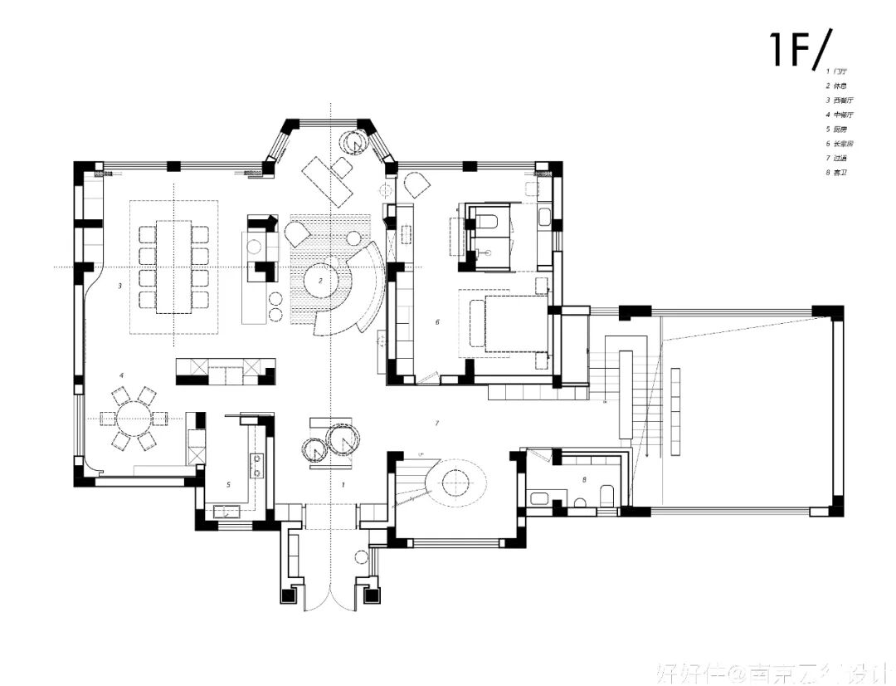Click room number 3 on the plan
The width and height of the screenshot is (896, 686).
(120, 285)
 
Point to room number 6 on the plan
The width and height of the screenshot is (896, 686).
(437, 321)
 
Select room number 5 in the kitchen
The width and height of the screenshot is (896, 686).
(228, 483)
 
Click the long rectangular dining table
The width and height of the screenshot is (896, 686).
(173, 266)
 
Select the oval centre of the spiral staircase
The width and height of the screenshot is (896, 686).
(455, 481)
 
